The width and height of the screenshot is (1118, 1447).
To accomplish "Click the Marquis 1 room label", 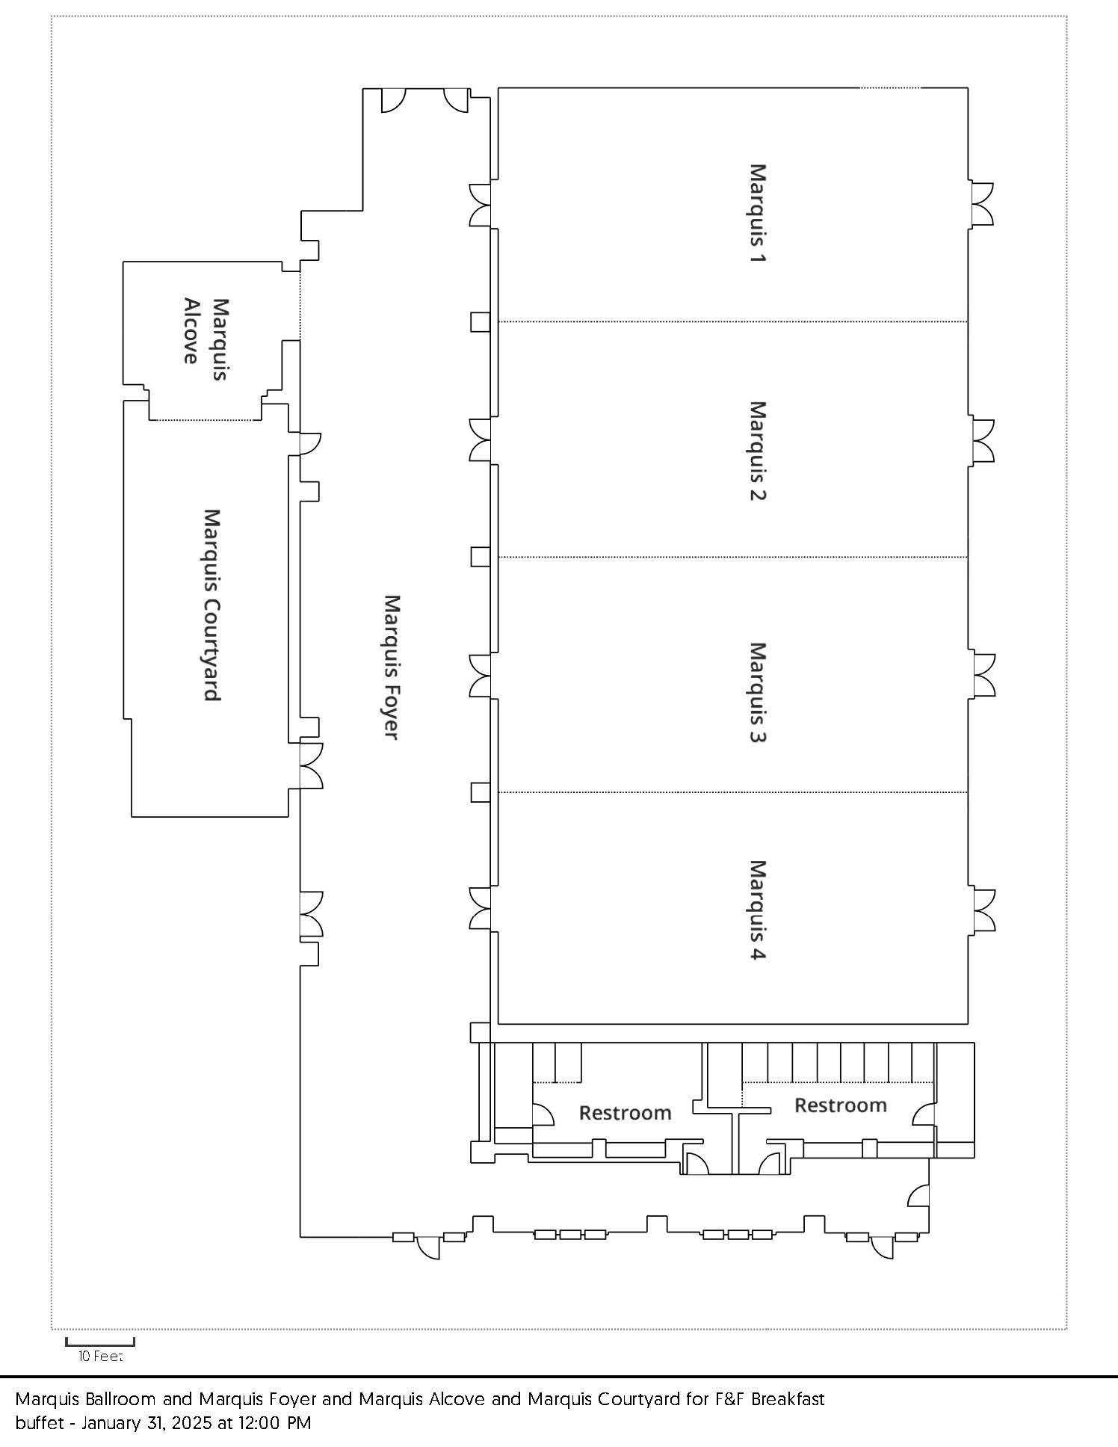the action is pyautogui.click(x=758, y=213).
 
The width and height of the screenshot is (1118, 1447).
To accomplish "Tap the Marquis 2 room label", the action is pyautogui.click(x=758, y=451).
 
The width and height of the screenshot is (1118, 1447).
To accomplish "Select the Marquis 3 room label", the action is pyautogui.click(x=758, y=692).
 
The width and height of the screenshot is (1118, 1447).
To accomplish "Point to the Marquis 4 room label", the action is pyautogui.click(x=758, y=910).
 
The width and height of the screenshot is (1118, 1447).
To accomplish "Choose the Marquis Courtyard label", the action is pyautogui.click(x=212, y=605).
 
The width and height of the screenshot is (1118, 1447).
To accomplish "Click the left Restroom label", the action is pyautogui.click(x=625, y=1113).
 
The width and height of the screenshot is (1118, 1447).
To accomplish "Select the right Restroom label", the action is pyautogui.click(x=840, y=1105).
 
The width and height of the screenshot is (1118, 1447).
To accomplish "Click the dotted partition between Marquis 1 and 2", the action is pyautogui.click(x=733, y=322).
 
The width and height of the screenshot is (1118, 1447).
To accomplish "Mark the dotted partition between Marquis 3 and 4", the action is pyautogui.click(x=733, y=792).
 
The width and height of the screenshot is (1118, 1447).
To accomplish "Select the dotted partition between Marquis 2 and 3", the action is pyautogui.click(x=733, y=557).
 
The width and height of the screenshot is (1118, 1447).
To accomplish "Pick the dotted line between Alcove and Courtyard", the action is pyautogui.click(x=205, y=420).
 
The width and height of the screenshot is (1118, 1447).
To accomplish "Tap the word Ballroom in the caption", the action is pyautogui.click(x=124, y=1398).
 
